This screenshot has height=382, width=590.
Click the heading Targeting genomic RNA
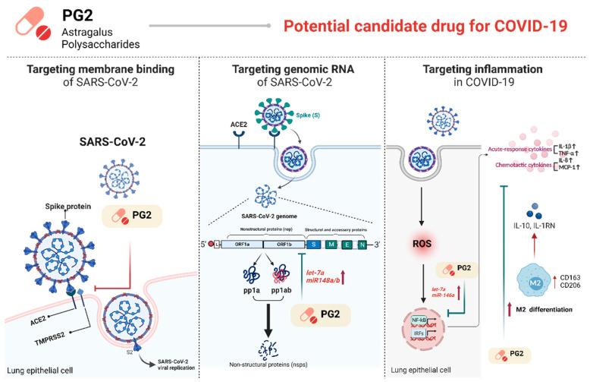point(295,71)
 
